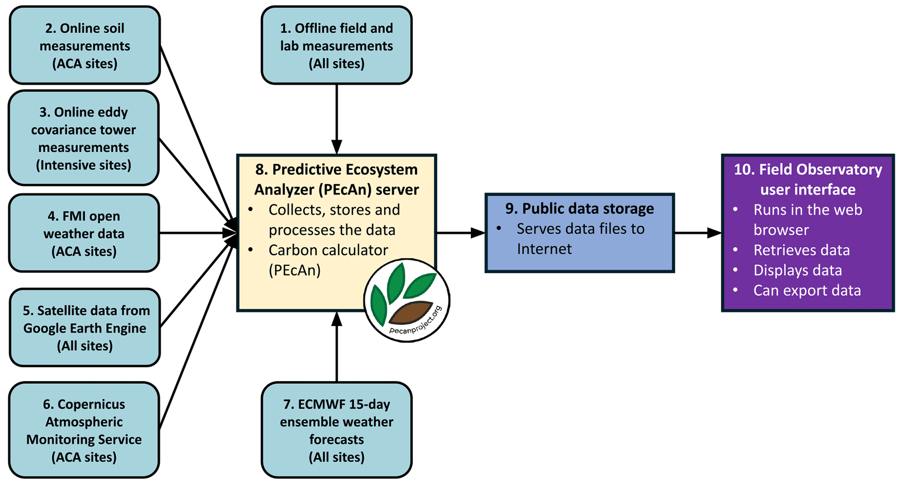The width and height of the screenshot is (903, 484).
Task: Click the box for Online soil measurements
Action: (x=85, y=45)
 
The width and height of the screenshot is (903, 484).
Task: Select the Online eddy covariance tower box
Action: (x=83, y=138)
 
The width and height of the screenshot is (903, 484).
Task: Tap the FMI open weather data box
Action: (x=84, y=233)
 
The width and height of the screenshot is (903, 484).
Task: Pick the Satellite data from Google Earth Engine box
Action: (x=85, y=328)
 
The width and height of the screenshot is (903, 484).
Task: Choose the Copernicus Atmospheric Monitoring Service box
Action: (x=84, y=430)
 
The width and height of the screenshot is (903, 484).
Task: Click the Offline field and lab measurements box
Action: (x=336, y=45)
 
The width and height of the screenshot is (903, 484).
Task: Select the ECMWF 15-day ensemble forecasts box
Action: (x=336, y=430)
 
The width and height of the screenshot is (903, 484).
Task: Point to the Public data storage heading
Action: (x=579, y=209)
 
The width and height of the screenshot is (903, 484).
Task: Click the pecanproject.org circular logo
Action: (x=407, y=301)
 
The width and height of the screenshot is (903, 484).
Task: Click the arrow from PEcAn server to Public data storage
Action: (x=460, y=233)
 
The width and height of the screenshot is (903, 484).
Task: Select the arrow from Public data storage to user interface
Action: (x=698, y=233)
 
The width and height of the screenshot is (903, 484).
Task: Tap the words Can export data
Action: (x=807, y=290)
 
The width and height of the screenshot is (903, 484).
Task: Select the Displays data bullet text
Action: (x=797, y=270)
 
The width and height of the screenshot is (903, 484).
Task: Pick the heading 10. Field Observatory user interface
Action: (x=808, y=180)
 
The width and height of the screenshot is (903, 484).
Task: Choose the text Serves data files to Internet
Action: (x=580, y=239)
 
